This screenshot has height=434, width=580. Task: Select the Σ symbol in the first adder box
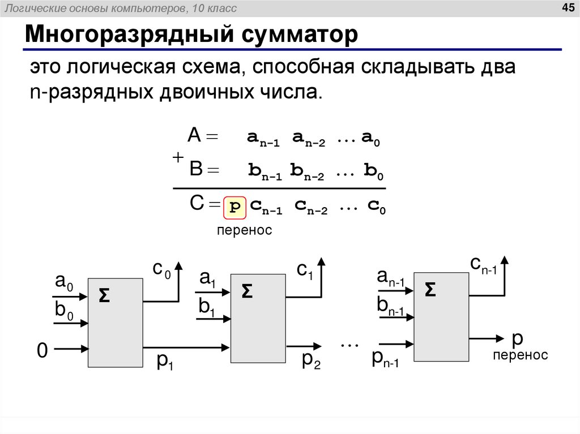pyautogui.click(x=104, y=295)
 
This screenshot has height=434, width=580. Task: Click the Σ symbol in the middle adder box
pyautogui.click(x=247, y=291)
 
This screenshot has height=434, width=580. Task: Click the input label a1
pyautogui.click(x=206, y=279)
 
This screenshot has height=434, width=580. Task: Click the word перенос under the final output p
pyautogui.click(x=520, y=355)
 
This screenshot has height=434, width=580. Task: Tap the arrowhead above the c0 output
pyautogui.click(x=180, y=265)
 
